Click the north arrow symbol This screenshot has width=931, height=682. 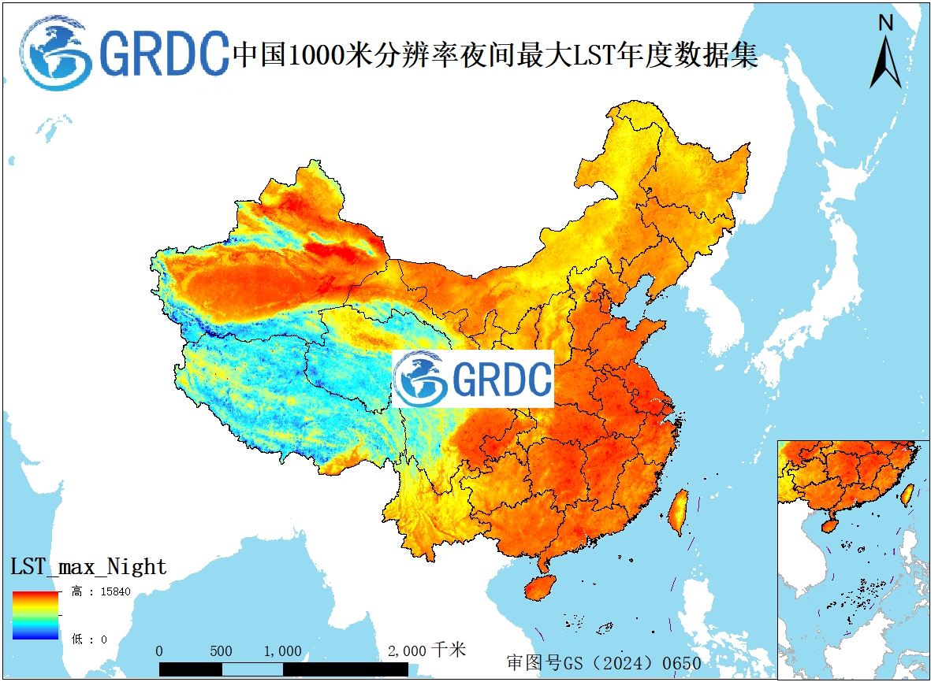pyautogui.click(x=885, y=63)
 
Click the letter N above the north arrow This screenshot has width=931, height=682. pyautogui.click(x=886, y=24)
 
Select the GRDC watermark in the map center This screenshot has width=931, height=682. pyautogui.click(x=473, y=379)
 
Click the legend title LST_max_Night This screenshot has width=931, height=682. pyautogui.click(x=88, y=566)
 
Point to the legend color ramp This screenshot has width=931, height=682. pyautogui.click(x=35, y=614)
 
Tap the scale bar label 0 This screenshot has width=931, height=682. pyautogui.click(x=159, y=651)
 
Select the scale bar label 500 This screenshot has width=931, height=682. pyautogui.click(x=221, y=651)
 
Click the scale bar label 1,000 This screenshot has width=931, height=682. pyautogui.click(x=282, y=651)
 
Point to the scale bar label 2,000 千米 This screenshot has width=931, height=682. pyautogui.click(x=426, y=650)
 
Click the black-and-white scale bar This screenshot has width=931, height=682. pyautogui.click(x=283, y=669)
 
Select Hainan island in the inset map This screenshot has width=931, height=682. pyautogui.click(x=830, y=524)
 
